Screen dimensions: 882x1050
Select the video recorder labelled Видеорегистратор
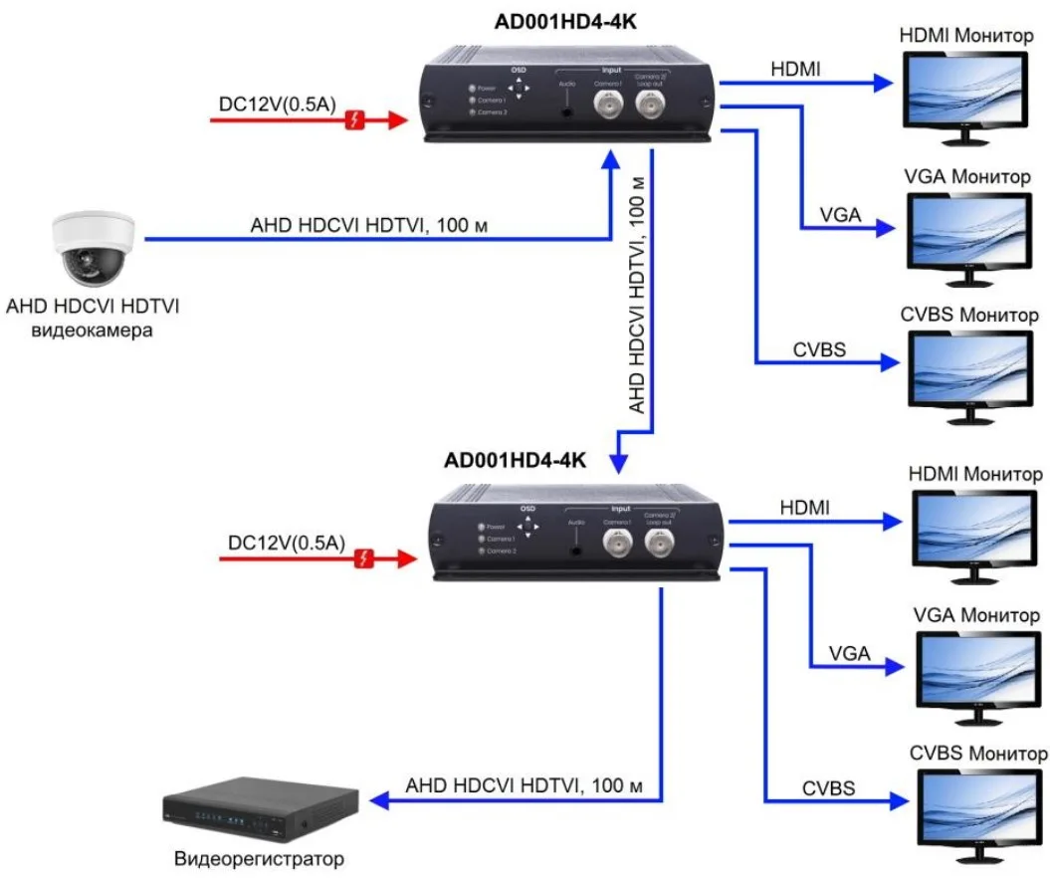pyautogui.click(x=262, y=808)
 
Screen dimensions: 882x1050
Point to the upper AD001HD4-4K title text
pyautogui.click(x=565, y=22)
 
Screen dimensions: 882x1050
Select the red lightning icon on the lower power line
pyautogui.click(x=366, y=559)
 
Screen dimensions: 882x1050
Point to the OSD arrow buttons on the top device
pyautogui.click(x=518, y=88)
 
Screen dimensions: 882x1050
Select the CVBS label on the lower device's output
pyautogui.click(x=829, y=788)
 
